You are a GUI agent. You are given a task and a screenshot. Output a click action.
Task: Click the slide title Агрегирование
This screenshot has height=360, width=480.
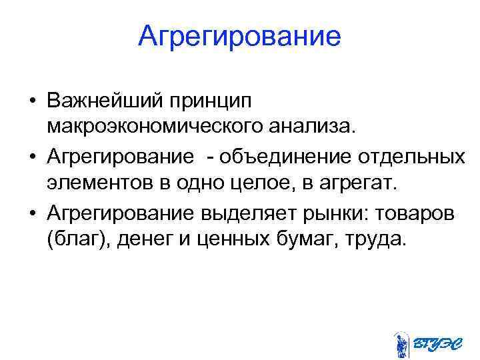[x=239, y=36]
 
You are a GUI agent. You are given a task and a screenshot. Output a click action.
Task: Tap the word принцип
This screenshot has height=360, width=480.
[x=209, y=102]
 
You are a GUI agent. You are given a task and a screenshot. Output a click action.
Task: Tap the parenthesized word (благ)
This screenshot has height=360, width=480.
[x=79, y=237]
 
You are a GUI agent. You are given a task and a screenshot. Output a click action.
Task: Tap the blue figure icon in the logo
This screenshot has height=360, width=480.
[x=401, y=344]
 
